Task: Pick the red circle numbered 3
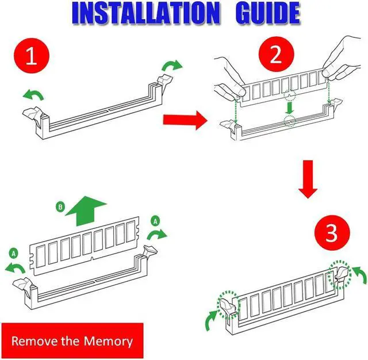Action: tap(331, 234)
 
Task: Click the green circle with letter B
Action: tap(61, 206)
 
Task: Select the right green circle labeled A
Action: tap(154, 221)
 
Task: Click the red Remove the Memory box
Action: tap(72, 340)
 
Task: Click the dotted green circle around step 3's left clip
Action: tap(228, 301)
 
